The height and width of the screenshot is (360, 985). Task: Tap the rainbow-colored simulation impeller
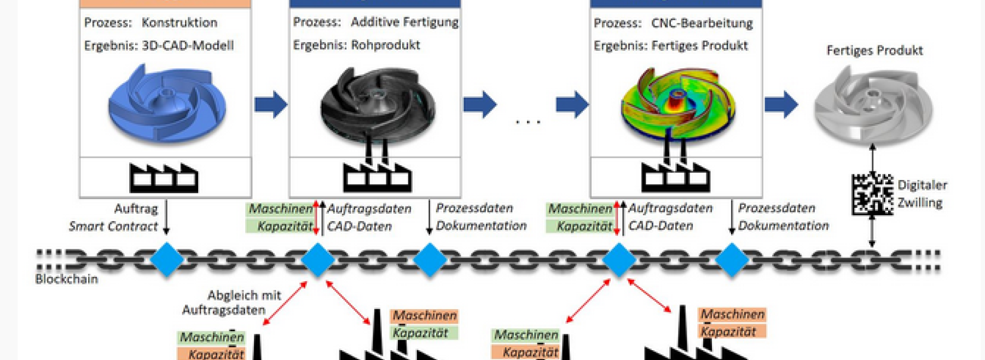tap(678, 104)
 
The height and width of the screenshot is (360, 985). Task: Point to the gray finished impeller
tap(873, 104)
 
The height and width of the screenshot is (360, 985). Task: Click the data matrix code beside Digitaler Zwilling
tap(873, 194)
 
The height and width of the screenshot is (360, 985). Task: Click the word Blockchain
tap(67, 279)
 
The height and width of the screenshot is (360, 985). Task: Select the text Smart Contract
tap(113, 226)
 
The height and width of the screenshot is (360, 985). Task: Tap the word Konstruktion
tap(179, 22)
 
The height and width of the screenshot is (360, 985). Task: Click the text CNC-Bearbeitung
tap(702, 23)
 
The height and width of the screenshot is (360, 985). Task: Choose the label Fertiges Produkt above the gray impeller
tap(874, 50)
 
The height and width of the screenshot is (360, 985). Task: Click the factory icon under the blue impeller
tap(164, 177)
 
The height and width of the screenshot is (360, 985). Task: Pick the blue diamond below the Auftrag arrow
tap(166, 260)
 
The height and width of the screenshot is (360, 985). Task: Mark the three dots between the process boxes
tap(528, 122)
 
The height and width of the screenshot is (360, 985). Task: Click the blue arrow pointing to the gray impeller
tap(781, 104)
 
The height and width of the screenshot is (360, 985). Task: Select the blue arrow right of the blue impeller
tap(271, 104)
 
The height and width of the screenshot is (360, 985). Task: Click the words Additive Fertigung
tap(405, 22)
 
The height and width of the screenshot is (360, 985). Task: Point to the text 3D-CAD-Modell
tap(188, 45)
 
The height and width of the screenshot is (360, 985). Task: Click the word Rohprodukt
tap(386, 45)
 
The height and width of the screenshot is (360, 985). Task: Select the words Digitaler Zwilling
tap(922, 194)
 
